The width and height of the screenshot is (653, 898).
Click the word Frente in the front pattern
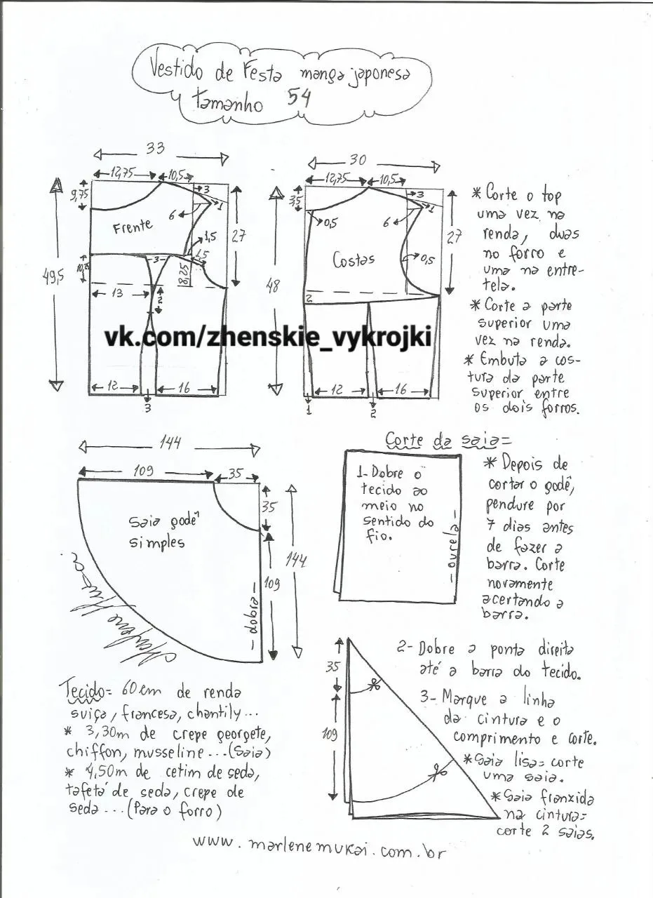[x=133, y=227]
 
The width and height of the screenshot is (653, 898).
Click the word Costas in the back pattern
[x=354, y=259]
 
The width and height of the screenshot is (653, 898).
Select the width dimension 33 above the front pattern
[x=155, y=149]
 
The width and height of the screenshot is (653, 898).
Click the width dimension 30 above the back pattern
[x=357, y=160]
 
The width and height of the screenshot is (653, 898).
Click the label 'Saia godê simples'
[x=156, y=532]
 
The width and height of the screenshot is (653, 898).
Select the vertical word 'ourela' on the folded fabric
[x=454, y=554]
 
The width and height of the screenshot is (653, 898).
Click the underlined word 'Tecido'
[x=81, y=688]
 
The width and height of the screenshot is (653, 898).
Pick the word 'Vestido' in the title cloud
[x=175, y=68]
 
